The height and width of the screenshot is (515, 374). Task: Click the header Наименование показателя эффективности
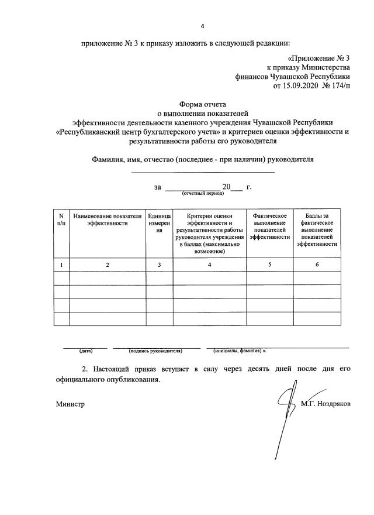(107, 219)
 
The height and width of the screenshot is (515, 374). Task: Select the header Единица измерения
(159, 223)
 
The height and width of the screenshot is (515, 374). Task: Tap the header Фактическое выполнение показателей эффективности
(269, 226)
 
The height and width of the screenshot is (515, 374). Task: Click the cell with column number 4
(210, 265)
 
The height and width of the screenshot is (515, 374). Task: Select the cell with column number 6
(317, 265)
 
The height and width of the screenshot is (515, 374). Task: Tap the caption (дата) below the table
(86, 351)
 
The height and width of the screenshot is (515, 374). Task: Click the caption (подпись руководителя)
(155, 351)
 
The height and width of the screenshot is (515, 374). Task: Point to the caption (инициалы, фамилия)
(239, 351)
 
